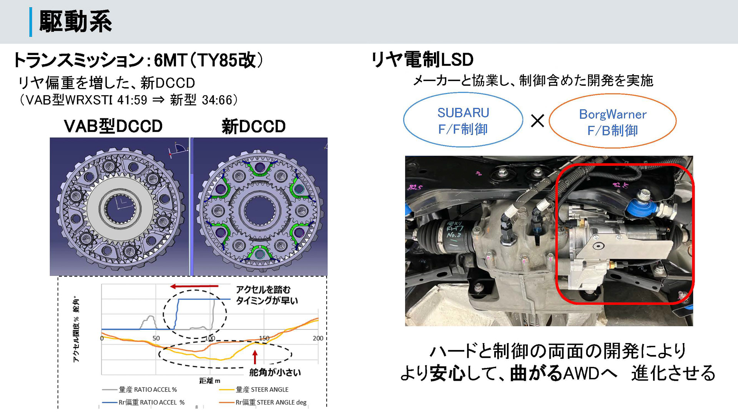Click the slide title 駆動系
point(76,21)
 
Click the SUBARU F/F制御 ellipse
point(463,120)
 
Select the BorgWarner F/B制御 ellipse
point(612,122)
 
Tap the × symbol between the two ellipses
point(537,121)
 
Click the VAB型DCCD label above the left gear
point(113,126)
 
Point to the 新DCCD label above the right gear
point(254,126)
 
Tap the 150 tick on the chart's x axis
point(264,338)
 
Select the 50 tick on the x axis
point(156,338)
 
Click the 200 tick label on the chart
point(318,338)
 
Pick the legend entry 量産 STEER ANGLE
point(262,389)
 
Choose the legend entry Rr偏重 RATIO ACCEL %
point(151,402)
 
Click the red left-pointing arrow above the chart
point(194,286)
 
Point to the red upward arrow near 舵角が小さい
point(254,357)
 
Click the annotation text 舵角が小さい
point(275,372)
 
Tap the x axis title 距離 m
point(210,380)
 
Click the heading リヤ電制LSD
point(422,60)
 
